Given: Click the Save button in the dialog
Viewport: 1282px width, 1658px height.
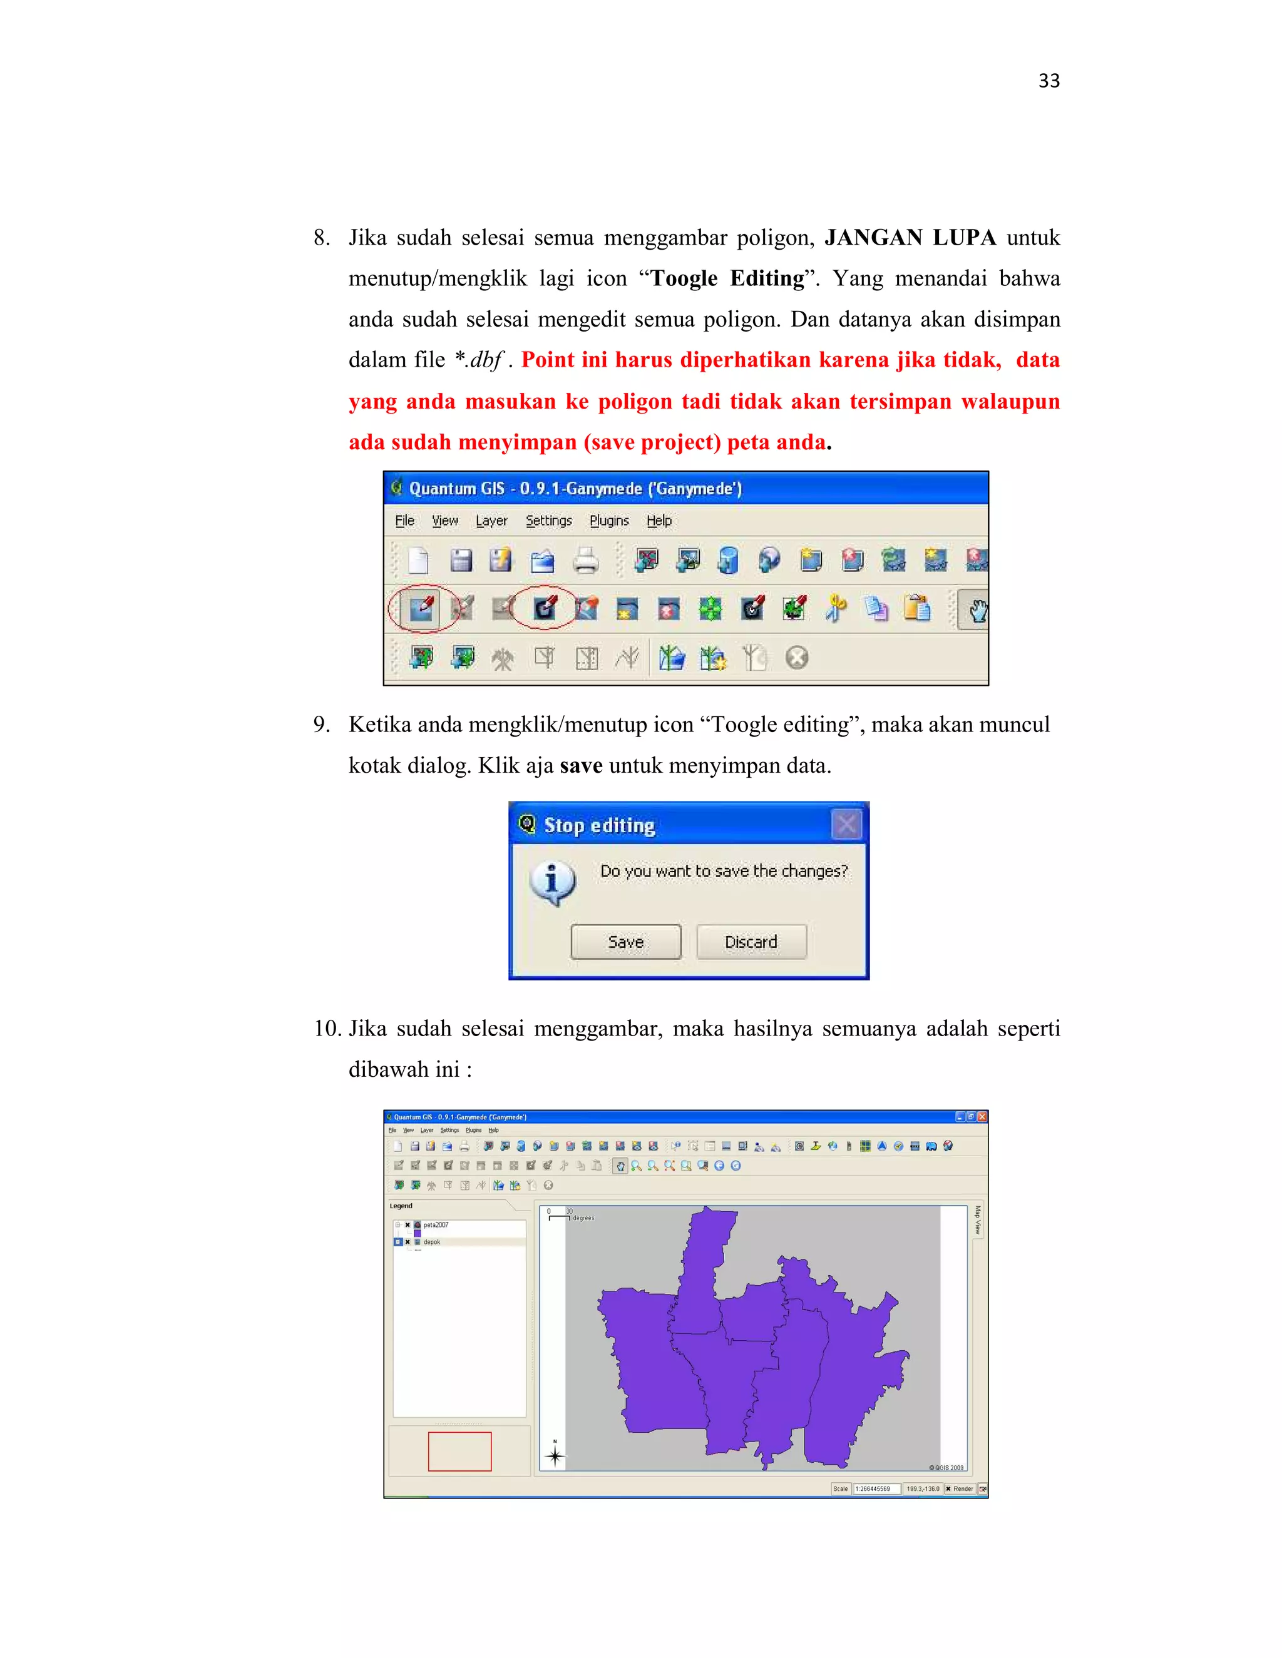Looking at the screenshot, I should [625, 942].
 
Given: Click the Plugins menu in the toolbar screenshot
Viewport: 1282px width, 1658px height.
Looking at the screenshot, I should [609, 521].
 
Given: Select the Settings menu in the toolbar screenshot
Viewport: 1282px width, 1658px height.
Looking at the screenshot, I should [548, 521].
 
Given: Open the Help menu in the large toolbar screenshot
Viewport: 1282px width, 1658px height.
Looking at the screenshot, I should [659, 521].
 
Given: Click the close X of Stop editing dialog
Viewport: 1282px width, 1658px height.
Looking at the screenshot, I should [846, 825].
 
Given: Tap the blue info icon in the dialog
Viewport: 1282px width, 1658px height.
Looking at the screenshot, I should [552, 882].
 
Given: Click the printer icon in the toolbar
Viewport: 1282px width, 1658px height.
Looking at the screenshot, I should [585, 561].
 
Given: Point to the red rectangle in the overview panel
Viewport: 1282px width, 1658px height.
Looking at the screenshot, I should [459, 1451].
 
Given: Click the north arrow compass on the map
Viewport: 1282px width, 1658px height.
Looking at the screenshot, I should [555, 1455].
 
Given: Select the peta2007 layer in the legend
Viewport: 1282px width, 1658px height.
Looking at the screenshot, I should [436, 1225].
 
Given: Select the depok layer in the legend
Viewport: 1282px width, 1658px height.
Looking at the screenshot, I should [431, 1242].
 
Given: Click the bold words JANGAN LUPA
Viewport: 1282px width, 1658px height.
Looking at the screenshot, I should [910, 238].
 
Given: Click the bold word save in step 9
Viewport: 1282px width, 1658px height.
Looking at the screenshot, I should [581, 765].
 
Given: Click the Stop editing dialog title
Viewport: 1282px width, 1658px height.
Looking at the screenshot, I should [599, 825].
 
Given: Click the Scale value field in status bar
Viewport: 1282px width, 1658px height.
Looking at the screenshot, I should [876, 1488].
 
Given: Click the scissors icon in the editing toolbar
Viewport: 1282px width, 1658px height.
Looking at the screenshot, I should [836, 609].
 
